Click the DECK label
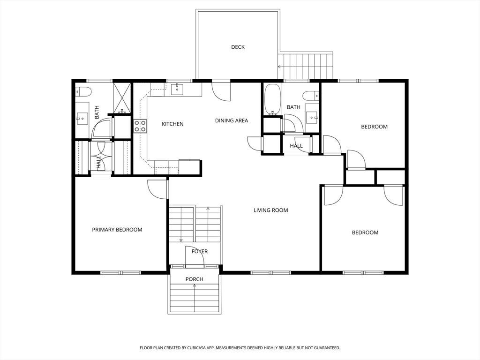coord(238,47)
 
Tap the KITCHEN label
coord(172,124)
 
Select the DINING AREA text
coord(232,120)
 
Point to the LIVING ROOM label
coord(271,210)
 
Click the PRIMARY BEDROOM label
coord(117,230)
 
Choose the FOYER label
coord(200,251)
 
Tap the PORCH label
coord(195,279)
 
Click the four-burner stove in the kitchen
coord(140,126)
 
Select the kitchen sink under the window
coord(177,90)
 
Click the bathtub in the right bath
coord(272,99)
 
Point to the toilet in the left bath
coord(83,91)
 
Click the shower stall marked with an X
coord(122,97)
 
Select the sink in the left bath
coord(82,118)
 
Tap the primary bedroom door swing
coord(157,189)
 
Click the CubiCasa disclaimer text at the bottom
coord(240,348)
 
